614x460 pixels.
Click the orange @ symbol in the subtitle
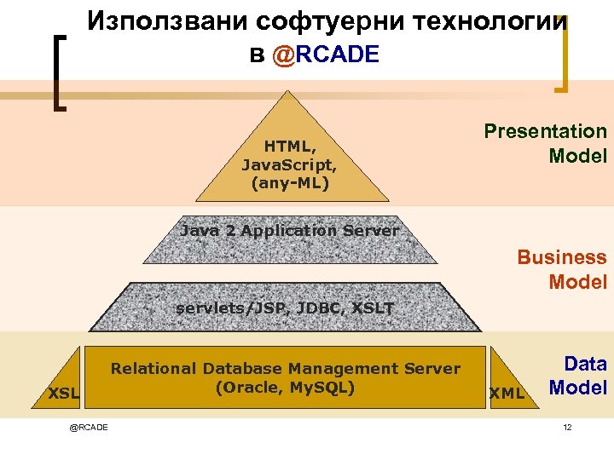click(x=283, y=55)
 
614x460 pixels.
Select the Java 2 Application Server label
click(x=290, y=231)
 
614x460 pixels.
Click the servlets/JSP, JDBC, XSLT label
click(x=285, y=308)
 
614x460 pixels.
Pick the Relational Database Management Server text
click(x=285, y=369)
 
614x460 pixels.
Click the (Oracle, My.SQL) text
click(x=285, y=386)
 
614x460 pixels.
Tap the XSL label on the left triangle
click(x=63, y=394)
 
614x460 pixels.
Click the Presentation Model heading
click(x=545, y=143)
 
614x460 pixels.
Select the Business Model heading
click(x=562, y=269)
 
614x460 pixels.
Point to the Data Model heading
click(x=577, y=376)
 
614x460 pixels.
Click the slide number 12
click(x=567, y=427)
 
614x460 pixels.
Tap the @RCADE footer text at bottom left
click(x=89, y=427)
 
